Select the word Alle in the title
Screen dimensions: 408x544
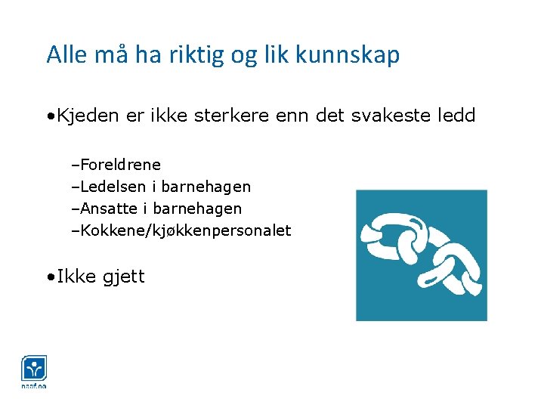click(x=65, y=55)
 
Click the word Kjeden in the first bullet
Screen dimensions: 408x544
click(x=88, y=116)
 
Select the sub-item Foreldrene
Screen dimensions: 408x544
click(x=119, y=165)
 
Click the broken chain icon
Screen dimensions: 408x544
click(x=422, y=255)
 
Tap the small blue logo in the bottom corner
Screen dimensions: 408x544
click(x=34, y=370)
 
